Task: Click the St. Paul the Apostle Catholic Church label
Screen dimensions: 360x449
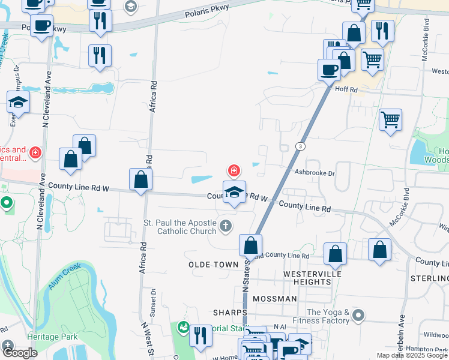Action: click(179, 227)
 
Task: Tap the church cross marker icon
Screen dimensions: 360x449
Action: click(225, 226)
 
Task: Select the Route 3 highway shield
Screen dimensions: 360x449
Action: click(300, 146)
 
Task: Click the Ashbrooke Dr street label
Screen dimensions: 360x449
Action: click(313, 172)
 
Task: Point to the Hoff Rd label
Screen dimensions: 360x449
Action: click(346, 90)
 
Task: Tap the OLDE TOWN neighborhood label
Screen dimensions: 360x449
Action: click(209, 265)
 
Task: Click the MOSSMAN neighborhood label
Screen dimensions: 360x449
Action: click(274, 298)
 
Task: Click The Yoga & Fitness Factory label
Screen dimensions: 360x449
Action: click(328, 316)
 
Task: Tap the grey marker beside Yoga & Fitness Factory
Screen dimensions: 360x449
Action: click(359, 315)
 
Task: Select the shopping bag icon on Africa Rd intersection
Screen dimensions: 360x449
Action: click(140, 179)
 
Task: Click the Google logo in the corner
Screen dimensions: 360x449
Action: click(20, 352)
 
